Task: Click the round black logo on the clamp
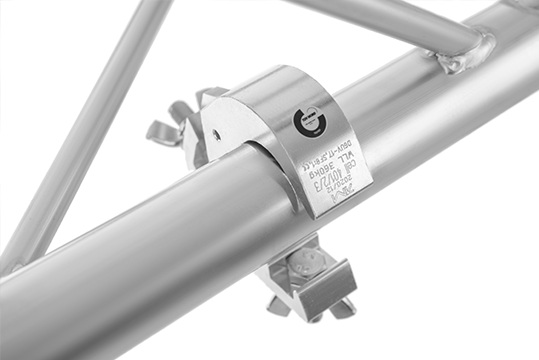[x=306, y=123]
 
